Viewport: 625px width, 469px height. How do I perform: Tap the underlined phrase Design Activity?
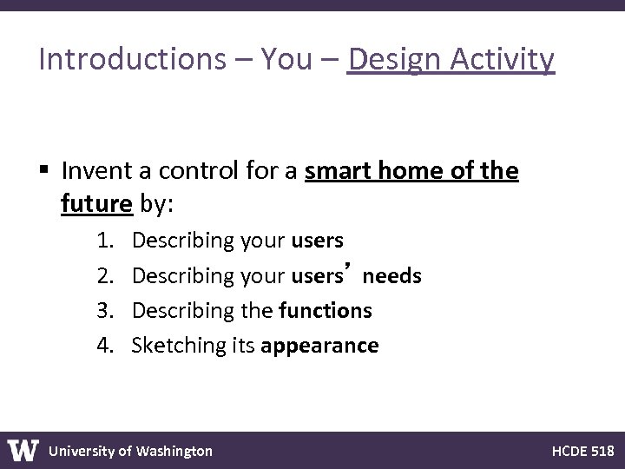click(x=450, y=59)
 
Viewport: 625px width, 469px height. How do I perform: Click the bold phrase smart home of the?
click(x=412, y=172)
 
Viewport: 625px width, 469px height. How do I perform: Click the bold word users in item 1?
click(x=318, y=240)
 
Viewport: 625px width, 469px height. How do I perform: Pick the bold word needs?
click(x=392, y=276)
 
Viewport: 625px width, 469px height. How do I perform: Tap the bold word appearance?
click(x=319, y=347)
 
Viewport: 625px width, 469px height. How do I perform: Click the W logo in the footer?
click(x=23, y=450)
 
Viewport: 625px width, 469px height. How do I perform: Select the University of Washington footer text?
click(x=130, y=451)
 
